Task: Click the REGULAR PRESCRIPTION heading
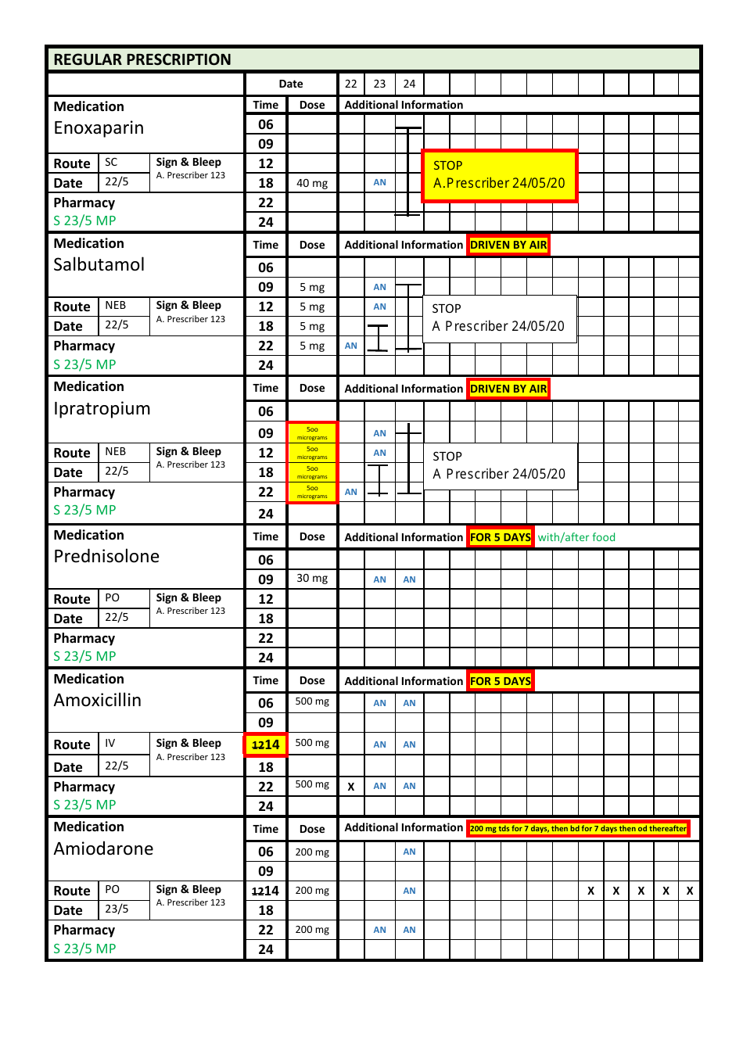tap(142, 60)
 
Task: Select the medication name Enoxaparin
tap(99, 128)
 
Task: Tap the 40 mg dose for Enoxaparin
tap(312, 183)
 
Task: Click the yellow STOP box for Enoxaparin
tap(499, 175)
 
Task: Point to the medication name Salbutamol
tap(99, 265)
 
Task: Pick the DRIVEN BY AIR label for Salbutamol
tap(508, 245)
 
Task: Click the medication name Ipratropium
tap(102, 409)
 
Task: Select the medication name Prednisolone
tap(106, 557)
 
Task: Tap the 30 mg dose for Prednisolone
tap(312, 579)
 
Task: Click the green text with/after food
tap(576, 537)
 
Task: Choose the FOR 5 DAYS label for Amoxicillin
tap(501, 681)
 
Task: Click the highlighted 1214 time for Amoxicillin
tap(266, 745)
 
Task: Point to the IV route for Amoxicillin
tap(110, 743)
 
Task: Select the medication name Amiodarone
tap(103, 849)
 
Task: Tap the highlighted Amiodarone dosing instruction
tap(578, 828)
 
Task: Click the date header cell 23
tap(379, 84)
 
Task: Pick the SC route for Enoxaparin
tap(111, 162)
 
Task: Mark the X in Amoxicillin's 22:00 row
tap(351, 787)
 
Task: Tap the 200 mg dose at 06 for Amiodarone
tap(312, 852)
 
